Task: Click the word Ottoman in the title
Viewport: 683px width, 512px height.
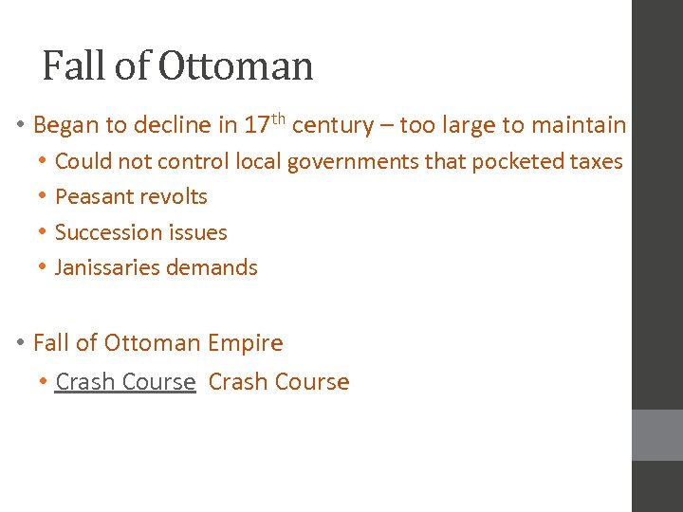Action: [x=235, y=66]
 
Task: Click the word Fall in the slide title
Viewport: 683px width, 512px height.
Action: [x=76, y=66]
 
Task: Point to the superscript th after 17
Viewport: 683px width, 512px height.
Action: [x=279, y=119]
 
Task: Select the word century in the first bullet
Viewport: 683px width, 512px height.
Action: [x=332, y=125]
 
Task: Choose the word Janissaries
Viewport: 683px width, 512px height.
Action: [x=107, y=268]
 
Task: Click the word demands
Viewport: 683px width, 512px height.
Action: [x=212, y=268]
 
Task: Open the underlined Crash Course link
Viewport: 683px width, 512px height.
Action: [x=125, y=382]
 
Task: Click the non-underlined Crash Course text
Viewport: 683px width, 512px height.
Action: [x=279, y=382]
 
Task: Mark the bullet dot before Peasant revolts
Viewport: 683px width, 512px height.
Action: [x=43, y=197]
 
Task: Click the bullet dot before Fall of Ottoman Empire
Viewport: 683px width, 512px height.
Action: [x=20, y=343]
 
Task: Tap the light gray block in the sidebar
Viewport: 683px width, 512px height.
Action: [x=657, y=435]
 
